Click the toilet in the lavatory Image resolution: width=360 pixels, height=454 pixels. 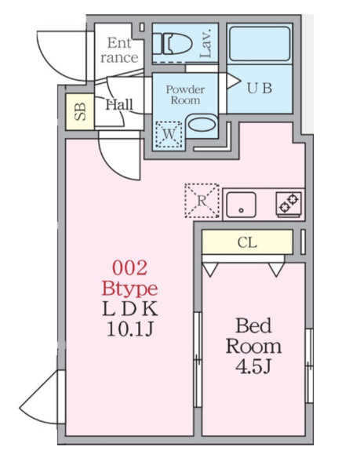pos(173,44)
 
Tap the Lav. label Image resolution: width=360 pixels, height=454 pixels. pos(205,43)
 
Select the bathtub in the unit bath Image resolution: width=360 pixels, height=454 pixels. pos(260,44)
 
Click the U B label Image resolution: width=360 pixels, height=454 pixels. pos(260,88)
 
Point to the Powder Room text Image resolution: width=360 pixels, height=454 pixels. pos(185,95)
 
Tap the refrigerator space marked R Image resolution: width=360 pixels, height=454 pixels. pos(202,201)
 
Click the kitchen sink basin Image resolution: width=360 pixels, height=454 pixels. pos(241,205)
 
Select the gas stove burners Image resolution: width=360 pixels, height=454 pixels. pos(289,204)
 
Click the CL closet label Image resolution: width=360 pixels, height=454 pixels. pos(247,242)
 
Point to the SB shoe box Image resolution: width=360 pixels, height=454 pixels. pos(80,111)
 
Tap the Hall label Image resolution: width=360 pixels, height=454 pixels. pos(119,104)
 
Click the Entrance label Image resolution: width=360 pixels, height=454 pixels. pos(119,50)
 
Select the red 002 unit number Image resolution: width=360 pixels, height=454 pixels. pos(129,268)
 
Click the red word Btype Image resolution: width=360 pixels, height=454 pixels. pos(129,289)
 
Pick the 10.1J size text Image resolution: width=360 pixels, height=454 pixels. pos(129,329)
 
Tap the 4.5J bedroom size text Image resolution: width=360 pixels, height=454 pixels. pos(253,367)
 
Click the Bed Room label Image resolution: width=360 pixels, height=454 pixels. pos(253,336)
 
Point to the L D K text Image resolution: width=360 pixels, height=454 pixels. pos(130,309)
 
